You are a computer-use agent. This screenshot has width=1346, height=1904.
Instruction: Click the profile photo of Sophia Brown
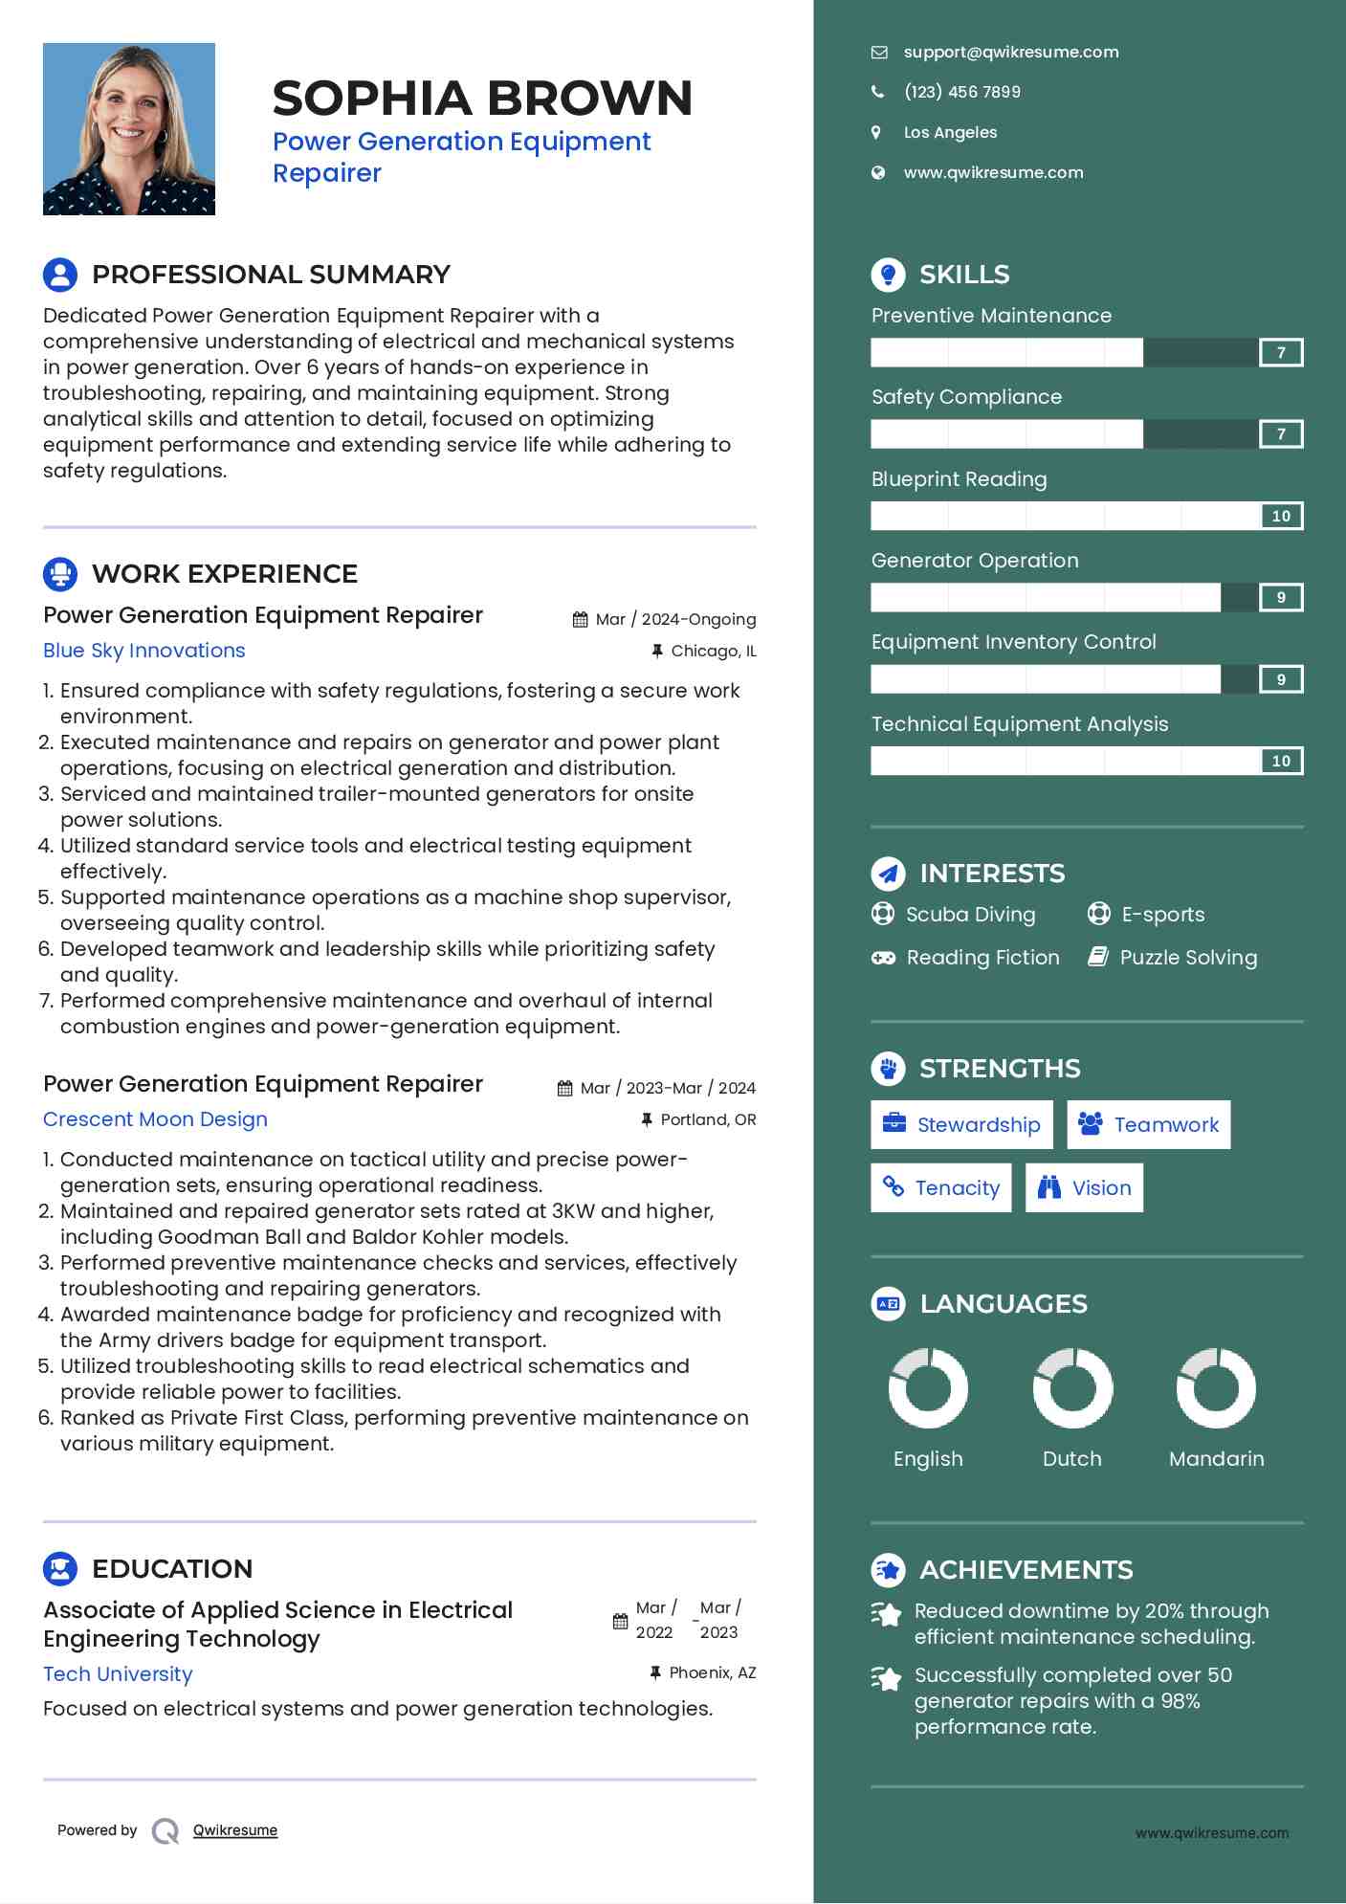(129, 129)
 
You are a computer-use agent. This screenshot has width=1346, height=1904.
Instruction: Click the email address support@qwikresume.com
(1010, 53)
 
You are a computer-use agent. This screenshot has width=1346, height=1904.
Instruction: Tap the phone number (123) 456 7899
(961, 93)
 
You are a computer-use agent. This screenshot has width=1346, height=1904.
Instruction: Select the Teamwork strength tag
(1148, 1125)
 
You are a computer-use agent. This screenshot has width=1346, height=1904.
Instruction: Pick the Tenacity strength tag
(941, 1188)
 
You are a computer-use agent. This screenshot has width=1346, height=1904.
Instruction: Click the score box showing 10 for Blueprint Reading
(1281, 517)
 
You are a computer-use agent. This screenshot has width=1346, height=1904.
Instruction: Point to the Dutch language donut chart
(1072, 1388)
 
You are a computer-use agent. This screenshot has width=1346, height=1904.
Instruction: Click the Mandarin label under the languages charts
(1216, 1459)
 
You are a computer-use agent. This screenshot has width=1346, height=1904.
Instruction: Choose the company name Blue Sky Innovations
(144, 651)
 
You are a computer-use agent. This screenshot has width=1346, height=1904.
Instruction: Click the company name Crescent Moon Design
(155, 1119)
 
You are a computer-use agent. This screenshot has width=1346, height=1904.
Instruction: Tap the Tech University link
(118, 1674)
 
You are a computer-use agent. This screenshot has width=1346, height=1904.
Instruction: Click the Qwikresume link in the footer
(235, 1830)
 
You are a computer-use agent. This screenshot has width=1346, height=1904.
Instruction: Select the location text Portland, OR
(708, 1120)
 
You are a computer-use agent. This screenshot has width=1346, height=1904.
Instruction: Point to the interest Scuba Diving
(970, 915)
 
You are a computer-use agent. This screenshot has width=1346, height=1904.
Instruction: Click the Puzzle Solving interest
(1188, 958)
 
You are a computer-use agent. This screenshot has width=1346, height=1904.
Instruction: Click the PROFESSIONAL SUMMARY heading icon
(60, 275)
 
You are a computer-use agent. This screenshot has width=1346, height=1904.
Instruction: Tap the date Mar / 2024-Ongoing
(675, 620)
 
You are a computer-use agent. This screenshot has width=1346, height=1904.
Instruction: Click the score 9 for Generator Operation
(1281, 598)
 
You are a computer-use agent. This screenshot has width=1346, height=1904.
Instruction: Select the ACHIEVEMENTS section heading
(1026, 1570)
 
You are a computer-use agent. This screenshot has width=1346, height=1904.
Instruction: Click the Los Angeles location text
(950, 133)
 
